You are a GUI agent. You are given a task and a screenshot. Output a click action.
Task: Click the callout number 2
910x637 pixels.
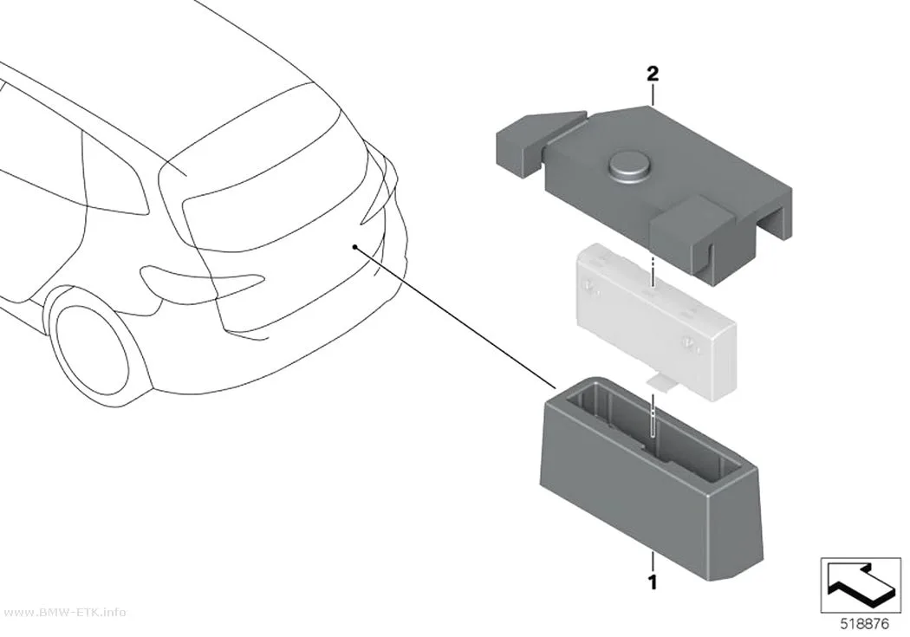(653, 75)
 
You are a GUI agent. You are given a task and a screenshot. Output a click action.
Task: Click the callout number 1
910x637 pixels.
(653, 582)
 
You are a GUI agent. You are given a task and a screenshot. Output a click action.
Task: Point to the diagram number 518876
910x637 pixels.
(865, 625)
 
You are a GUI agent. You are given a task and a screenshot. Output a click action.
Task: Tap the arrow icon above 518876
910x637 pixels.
(861, 585)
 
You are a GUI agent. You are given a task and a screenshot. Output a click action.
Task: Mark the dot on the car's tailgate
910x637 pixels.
(354, 247)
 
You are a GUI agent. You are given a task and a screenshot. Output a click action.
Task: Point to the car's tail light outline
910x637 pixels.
(200, 282)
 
